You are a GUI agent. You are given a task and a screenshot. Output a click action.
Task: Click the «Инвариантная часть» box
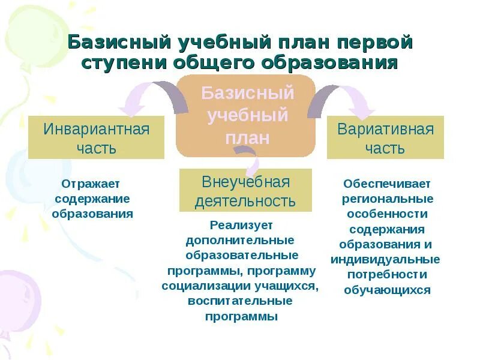tap(96, 137)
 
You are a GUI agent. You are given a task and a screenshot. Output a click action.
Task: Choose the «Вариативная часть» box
tap(385, 137)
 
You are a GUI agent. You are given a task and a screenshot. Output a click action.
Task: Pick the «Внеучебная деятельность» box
tap(245, 190)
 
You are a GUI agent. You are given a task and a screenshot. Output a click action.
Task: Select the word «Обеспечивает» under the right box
tap(387, 184)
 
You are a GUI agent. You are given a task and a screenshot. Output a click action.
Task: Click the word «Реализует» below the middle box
tap(241, 226)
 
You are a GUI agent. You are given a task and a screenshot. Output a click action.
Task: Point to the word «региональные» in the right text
tap(388, 199)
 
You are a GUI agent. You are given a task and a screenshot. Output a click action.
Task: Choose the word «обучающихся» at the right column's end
tap(387, 290)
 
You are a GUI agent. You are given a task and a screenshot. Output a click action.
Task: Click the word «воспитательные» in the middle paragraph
tap(241, 301)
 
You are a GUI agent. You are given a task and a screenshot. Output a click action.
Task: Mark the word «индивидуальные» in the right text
tap(385, 260)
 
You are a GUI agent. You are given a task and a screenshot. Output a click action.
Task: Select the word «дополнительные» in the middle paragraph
tap(240, 241)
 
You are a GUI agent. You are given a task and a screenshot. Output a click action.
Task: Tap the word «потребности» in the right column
tap(387, 275)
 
